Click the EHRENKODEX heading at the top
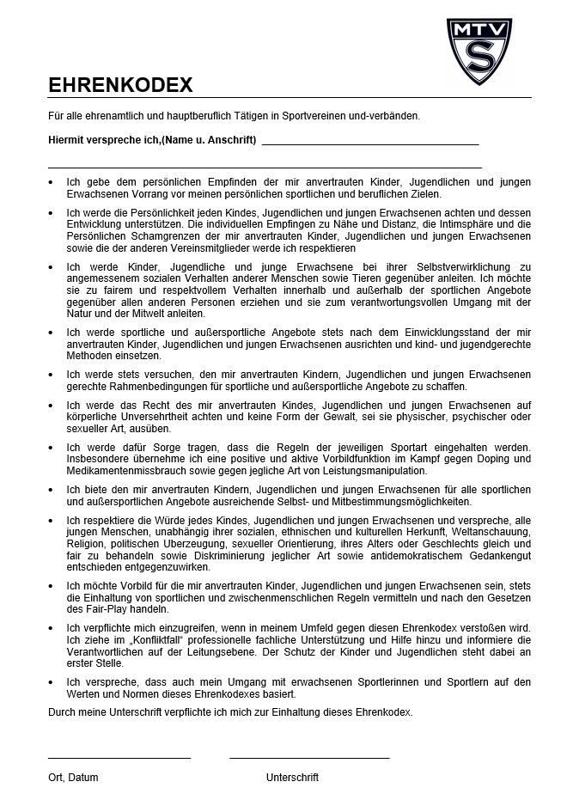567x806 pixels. coord(120,85)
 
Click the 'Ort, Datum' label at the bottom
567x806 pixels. coord(73,778)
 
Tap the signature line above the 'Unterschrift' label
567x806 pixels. coord(309,758)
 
